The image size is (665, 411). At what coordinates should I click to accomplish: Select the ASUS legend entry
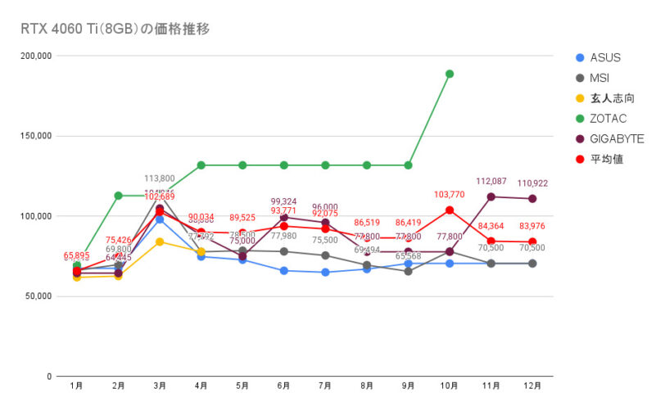(604, 58)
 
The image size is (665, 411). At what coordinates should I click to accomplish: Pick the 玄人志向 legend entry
(611, 98)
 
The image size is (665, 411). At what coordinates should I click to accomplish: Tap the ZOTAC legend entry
(607, 119)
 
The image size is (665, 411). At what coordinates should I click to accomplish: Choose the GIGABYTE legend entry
(616, 139)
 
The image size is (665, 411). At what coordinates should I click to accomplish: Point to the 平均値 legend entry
(606, 159)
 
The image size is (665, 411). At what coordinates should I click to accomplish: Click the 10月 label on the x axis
(449, 385)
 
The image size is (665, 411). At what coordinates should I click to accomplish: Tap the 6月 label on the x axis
(283, 385)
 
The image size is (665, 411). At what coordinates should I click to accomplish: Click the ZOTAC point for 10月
(450, 74)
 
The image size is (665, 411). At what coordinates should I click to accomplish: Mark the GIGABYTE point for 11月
(491, 196)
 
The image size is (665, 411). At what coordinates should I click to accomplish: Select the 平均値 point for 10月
(450, 210)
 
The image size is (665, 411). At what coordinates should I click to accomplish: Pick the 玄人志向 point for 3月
(160, 242)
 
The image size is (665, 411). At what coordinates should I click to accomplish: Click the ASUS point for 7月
(325, 273)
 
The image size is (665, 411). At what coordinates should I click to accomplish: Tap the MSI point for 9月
(408, 271)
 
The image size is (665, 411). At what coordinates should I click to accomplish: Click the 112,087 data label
(492, 182)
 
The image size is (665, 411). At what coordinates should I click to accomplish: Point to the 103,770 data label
(450, 195)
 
